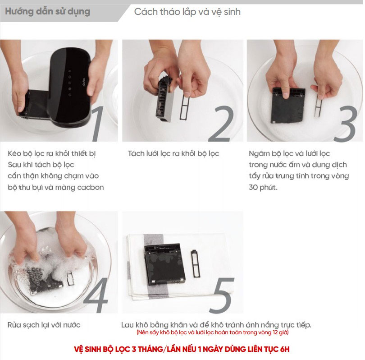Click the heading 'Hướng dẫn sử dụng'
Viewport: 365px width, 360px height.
point(47,11)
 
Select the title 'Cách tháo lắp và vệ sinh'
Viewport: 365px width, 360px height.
point(187,12)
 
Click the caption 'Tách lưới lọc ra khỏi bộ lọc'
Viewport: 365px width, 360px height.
point(173,154)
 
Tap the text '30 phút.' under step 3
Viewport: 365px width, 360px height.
point(263,187)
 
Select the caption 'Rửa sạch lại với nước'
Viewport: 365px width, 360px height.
point(44,325)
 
